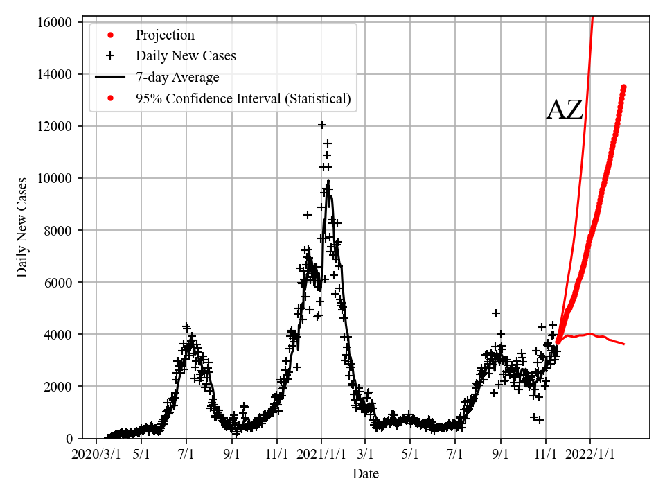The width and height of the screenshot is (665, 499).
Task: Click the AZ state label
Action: (565, 110)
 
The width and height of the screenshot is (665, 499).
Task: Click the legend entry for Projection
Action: (165, 35)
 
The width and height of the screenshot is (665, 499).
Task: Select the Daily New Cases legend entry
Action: (185, 56)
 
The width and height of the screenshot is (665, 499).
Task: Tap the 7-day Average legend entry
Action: (177, 78)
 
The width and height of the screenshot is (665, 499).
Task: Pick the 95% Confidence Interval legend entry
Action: (243, 99)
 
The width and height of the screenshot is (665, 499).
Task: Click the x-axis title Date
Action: (366, 475)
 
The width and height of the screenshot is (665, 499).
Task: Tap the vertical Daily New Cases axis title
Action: (23, 227)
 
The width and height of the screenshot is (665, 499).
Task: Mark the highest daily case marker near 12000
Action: (322, 125)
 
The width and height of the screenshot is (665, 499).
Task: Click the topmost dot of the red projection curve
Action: (623, 87)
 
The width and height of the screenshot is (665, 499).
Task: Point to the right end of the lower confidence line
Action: (623, 344)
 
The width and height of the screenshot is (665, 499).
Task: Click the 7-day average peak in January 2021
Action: (328, 181)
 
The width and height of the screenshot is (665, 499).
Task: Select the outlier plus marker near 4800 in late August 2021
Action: (496, 313)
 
